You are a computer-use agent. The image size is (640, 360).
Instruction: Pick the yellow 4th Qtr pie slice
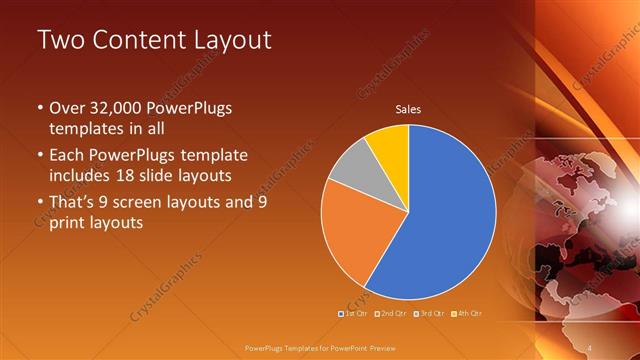(x=389, y=146)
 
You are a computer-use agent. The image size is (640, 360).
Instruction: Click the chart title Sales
(x=408, y=109)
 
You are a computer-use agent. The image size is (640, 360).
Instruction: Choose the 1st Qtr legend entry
(x=354, y=314)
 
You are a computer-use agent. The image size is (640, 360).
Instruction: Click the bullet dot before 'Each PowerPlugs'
(x=40, y=156)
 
